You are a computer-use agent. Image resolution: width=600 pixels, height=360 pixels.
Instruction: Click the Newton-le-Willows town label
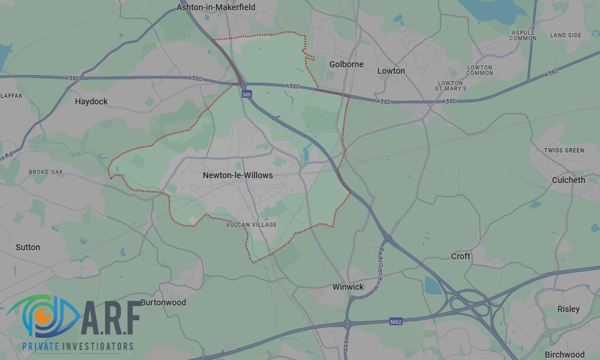238,175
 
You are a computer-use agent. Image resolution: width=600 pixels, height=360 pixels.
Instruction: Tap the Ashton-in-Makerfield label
216,7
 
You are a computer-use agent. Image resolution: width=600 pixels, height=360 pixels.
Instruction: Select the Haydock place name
91,101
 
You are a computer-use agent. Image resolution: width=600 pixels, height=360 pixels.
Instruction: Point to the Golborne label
347,64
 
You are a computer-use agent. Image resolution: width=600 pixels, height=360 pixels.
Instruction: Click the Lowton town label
391,71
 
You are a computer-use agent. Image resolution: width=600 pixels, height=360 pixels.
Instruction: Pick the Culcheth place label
568,180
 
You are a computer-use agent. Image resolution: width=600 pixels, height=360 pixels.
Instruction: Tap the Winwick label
348,287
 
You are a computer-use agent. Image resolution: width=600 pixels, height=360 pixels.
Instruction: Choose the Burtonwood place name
163,302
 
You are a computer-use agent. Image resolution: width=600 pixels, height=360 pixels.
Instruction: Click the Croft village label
461,256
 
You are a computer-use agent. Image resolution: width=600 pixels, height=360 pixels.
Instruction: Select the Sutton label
28,247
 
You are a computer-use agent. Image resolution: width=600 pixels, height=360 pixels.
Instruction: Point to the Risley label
569,309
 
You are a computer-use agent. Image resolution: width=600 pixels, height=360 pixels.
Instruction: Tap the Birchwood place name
565,355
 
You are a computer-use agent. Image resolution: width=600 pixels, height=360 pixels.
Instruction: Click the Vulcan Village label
252,225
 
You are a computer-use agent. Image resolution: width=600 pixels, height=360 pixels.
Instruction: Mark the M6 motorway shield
247,94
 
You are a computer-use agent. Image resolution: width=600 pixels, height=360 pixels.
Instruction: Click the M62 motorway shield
395,322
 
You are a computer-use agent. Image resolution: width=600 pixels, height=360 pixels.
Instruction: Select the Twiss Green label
564,150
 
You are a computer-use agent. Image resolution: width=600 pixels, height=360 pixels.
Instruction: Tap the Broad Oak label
46,172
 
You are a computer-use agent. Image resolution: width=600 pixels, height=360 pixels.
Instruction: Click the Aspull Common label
523,35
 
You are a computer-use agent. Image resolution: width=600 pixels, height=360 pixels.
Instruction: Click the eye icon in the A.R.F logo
43,316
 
